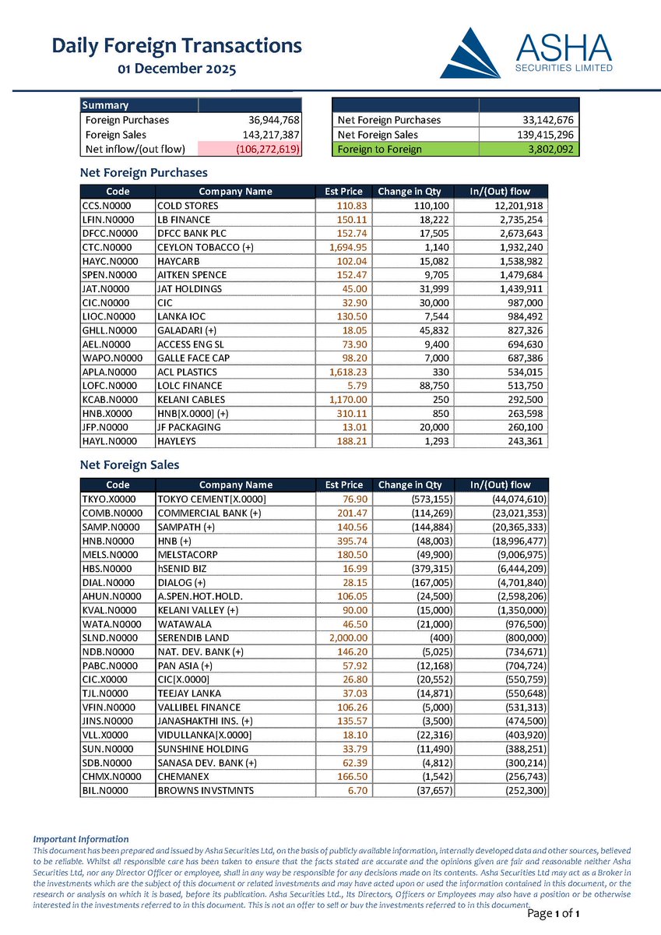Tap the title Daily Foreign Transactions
pyautogui.click(x=177, y=46)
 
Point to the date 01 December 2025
pyautogui.click(x=177, y=69)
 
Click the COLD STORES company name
pyautogui.click(x=188, y=206)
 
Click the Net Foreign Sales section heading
pyautogui.click(x=130, y=465)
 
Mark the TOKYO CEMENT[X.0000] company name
pyautogui.click(x=212, y=499)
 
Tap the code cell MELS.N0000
pyautogui.click(x=109, y=554)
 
